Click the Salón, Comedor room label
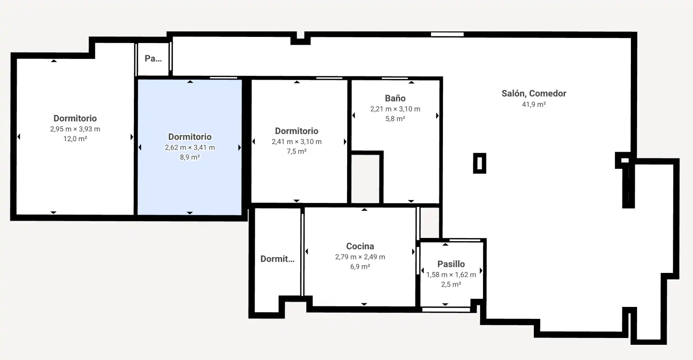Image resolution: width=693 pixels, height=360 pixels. [x=534, y=94]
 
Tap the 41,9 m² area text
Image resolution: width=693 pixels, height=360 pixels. [x=534, y=104]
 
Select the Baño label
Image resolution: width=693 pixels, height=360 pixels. [x=395, y=98]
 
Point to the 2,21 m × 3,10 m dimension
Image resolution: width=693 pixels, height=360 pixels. [x=395, y=109]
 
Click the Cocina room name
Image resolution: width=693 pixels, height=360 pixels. [x=360, y=246]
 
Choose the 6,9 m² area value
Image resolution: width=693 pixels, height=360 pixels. [x=360, y=267]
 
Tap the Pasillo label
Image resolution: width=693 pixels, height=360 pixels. [x=451, y=264]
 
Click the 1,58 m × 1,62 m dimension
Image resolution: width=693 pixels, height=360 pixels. [x=451, y=275]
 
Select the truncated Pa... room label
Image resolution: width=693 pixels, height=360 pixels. [x=153, y=58]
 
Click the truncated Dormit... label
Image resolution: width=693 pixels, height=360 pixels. [x=277, y=259]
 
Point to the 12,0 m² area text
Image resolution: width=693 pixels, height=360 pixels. [x=75, y=139]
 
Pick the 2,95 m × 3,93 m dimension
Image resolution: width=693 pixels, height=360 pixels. [x=75, y=129]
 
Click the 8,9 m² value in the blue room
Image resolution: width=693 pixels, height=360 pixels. [x=190, y=157]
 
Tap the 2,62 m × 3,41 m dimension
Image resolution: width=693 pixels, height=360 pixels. [x=190, y=148]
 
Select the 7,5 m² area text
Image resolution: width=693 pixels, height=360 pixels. [x=297, y=152]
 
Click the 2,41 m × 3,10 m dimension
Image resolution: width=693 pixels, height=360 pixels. [x=297, y=142]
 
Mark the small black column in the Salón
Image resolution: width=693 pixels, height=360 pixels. [x=480, y=163]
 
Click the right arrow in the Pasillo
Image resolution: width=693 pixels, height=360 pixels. [x=481, y=270]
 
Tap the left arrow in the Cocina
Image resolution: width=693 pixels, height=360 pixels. [x=306, y=252]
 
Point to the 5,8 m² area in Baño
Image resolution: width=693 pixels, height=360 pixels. [x=395, y=119]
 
